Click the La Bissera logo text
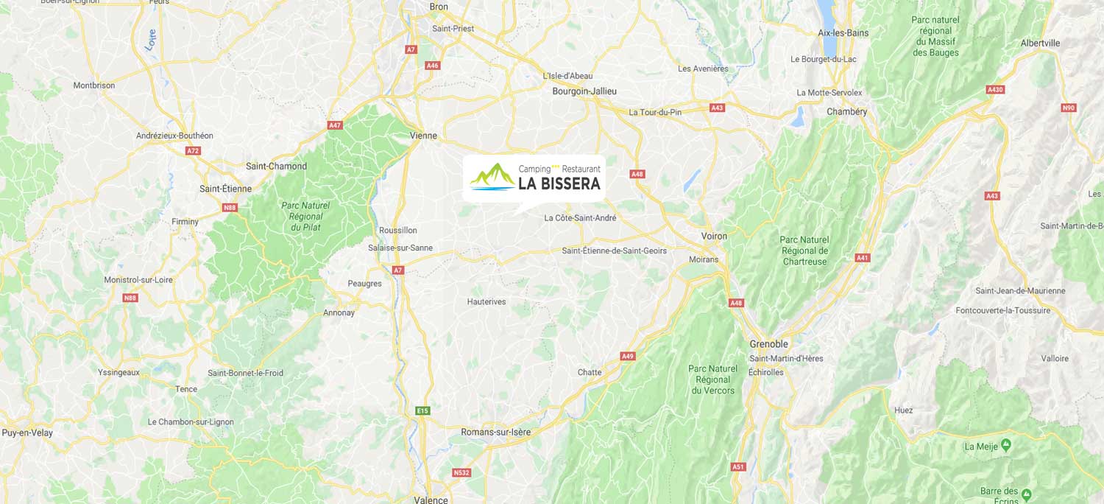point(559,183)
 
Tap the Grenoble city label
point(768,344)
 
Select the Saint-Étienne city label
point(225,189)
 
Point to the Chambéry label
point(847,112)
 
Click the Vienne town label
point(423,136)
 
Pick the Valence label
point(431,500)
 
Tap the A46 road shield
point(432,66)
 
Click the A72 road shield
point(193,150)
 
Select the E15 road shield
point(422,410)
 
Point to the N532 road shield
point(461,472)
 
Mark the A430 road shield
point(995,90)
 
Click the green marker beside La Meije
point(1006,446)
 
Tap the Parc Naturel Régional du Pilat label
point(305,217)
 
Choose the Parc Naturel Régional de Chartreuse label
point(805,251)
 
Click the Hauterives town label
point(486,301)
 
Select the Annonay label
point(339,312)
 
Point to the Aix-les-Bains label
point(843,32)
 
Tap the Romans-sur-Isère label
point(495,432)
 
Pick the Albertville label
point(1040,43)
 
